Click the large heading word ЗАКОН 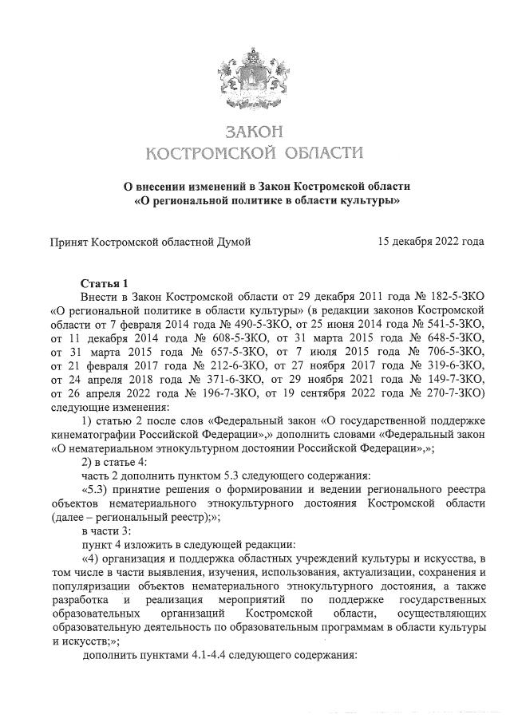click(255, 130)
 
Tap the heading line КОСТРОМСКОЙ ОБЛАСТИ click(255, 152)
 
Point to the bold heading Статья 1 click(104, 283)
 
